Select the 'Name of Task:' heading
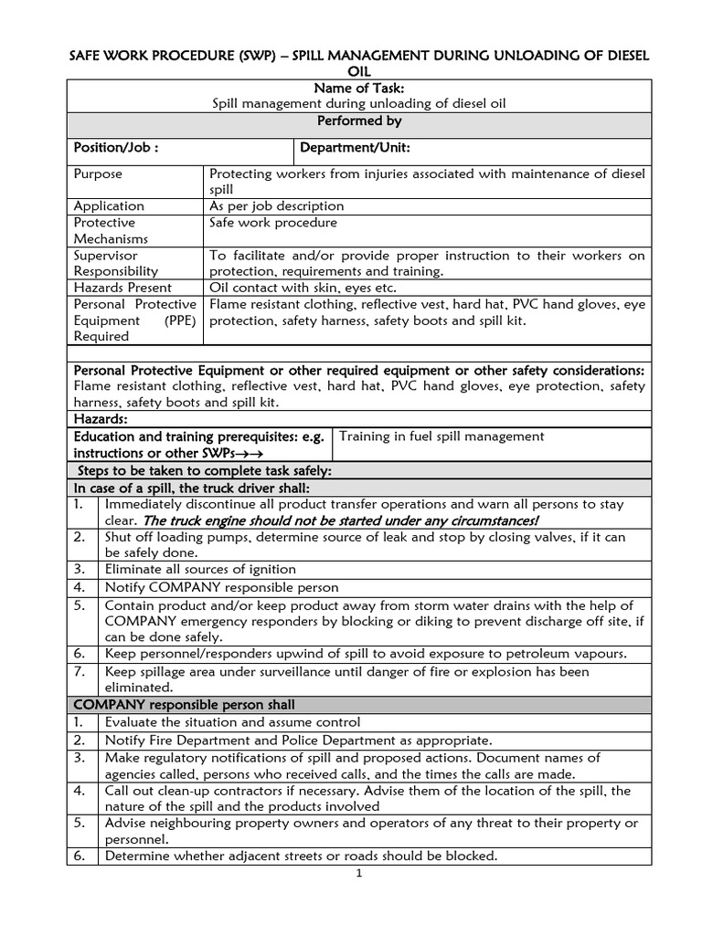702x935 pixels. click(359, 88)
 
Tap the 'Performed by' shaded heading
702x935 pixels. click(359, 121)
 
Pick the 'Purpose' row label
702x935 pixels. click(98, 173)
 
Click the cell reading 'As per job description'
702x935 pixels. click(277, 206)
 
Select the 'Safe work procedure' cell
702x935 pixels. click(273, 223)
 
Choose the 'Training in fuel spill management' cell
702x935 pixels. click(441, 436)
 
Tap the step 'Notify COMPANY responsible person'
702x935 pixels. click(222, 587)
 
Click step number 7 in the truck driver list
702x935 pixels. click(80, 671)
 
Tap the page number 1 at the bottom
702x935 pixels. click(359, 874)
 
